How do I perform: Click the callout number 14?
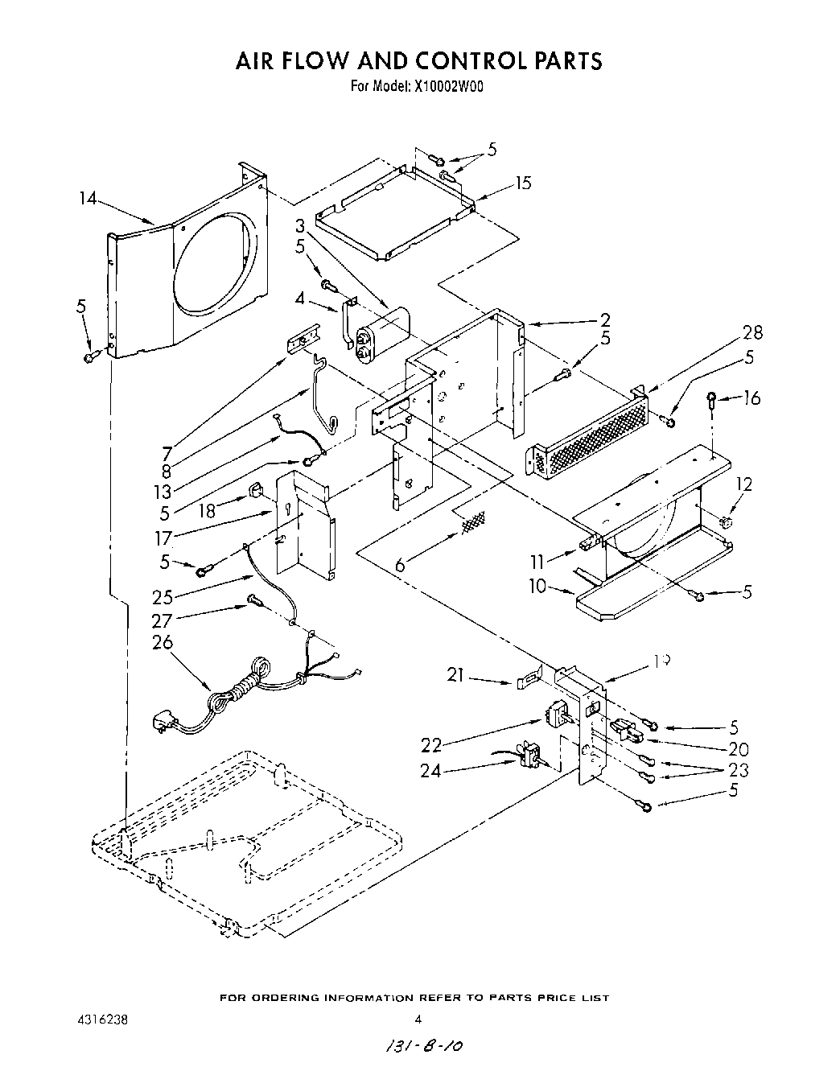89,196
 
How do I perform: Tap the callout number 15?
523,183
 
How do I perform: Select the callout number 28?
753,332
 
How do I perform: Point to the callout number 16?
751,398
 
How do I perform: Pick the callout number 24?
430,770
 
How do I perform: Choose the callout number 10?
537,587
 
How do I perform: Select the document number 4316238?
99,1019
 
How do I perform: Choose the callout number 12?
744,484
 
